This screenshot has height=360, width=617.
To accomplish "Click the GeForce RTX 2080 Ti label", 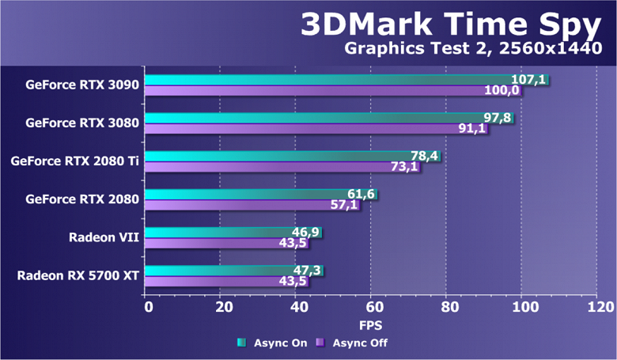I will [75, 161].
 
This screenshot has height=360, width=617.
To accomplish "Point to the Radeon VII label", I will [104, 237].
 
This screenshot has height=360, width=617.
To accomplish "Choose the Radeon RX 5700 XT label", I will [78, 275].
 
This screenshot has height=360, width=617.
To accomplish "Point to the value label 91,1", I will [471, 129].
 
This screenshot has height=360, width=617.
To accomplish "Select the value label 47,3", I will [306, 271].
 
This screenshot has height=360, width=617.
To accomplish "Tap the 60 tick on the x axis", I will [371, 305].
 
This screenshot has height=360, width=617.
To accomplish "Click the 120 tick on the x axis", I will [595, 305].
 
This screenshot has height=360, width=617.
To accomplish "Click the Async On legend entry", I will [269, 343].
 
